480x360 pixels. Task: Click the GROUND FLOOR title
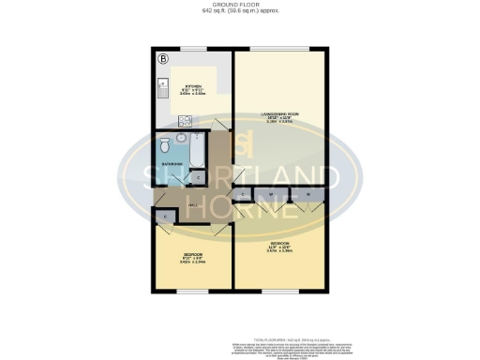pyautogui.click(x=240, y=4)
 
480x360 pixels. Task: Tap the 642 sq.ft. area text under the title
pyautogui.click(x=240, y=11)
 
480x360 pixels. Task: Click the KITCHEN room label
pyautogui.click(x=193, y=85)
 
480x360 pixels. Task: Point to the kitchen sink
pyautogui.click(x=161, y=91)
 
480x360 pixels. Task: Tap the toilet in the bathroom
pyautogui.click(x=165, y=146)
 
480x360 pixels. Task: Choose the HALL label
pyautogui.click(x=192, y=206)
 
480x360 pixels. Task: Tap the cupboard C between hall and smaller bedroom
pyautogui.click(x=165, y=217)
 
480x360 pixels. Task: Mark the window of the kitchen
pyautogui.click(x=193, y=49)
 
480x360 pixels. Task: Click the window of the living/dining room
pyautogui.click(x=280, y=49)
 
